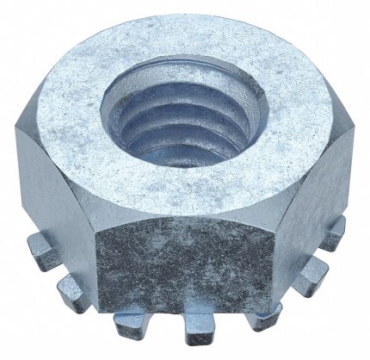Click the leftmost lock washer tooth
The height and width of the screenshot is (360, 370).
(x=38, y=251)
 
